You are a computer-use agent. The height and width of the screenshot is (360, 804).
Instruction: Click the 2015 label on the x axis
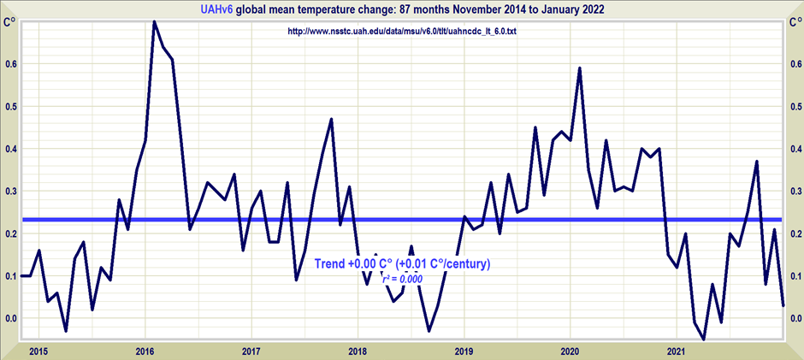tap(38, 351)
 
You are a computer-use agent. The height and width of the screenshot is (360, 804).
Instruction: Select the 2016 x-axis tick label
tap(145, 351)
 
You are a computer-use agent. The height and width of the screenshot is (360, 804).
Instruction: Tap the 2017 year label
tap(251, 351)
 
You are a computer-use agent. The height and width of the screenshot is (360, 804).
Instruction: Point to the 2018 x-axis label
tap(358, 351)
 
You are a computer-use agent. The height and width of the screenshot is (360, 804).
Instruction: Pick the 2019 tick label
tap(464, 351)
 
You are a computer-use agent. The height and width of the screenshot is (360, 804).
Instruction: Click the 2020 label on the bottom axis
tap(570, 351)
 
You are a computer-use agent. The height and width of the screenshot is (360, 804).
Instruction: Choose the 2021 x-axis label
tap(677, 351)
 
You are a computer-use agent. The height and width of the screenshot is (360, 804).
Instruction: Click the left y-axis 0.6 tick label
tap(10, 64)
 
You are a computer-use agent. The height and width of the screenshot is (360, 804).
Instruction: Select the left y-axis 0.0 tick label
tap(10, 319)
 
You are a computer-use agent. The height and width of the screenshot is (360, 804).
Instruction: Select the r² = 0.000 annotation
tap(405, 279)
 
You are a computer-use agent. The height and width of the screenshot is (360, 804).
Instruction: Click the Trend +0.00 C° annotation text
tap(402, 264)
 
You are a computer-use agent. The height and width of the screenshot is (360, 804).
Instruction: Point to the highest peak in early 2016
tap(154, 22)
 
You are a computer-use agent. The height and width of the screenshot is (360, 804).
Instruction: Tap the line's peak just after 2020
tap(580, 68)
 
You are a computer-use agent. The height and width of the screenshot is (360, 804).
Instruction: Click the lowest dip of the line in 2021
tap(704, 339)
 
